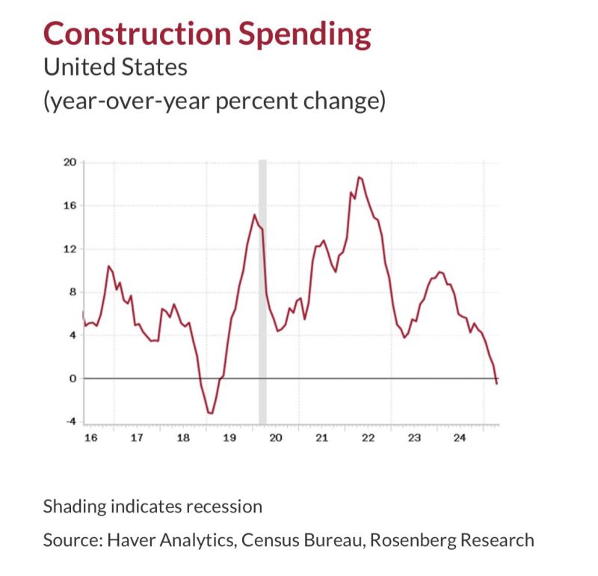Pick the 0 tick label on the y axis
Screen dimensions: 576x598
pyautogui.click(x=75, y=378)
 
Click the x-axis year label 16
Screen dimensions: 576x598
pyautogui.click(x=90, y=438)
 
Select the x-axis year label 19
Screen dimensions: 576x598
pyautogui.click(x=229, y=438)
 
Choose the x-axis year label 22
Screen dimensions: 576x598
pyautogui.click(x=368, y=438)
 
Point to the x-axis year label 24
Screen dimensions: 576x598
pyautogui.click(x=460, y=438)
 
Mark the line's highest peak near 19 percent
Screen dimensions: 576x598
pyautogui.click(x=360, y=177)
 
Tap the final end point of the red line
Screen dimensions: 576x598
pyautogui.click(x=497, y=383)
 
